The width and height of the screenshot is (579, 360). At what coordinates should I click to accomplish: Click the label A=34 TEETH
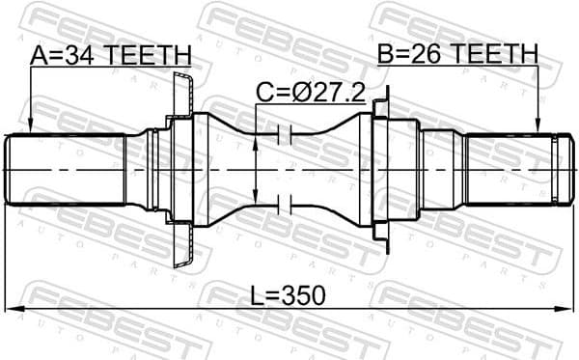(111, 55)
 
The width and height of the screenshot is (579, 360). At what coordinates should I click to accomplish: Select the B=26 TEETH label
(458, 55)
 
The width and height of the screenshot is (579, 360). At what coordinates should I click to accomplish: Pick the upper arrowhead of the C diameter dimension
(255, 143)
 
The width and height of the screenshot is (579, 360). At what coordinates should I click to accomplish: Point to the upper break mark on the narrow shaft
(284, 132)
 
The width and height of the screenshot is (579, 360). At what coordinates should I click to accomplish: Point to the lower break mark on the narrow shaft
(284, 204)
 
